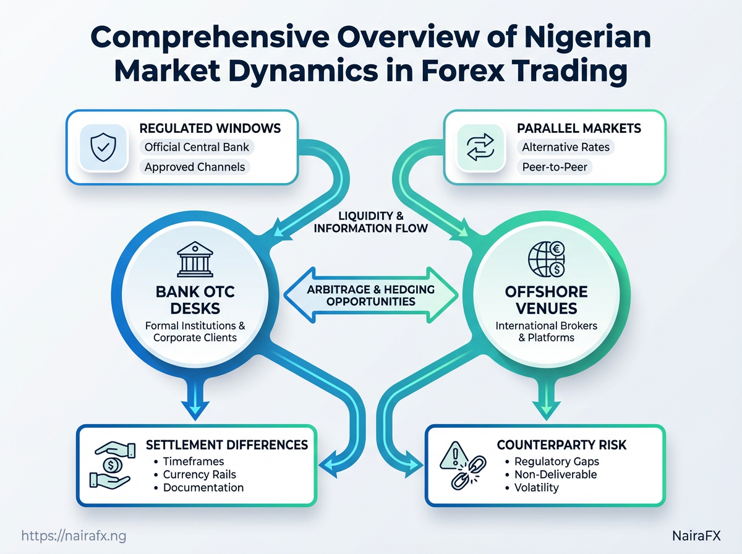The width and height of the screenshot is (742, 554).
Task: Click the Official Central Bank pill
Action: tap(196, 148)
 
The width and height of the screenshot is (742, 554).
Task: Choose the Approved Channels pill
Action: tap(195, 167)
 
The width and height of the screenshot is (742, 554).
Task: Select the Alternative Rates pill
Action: tap(566, 148)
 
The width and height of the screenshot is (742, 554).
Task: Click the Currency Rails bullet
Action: tap(199, 475)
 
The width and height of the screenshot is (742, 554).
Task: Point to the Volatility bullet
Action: tap(536, 488)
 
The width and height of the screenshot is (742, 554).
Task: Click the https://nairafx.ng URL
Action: tap(74, 535)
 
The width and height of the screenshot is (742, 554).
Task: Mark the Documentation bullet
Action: tap(203, 488)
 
